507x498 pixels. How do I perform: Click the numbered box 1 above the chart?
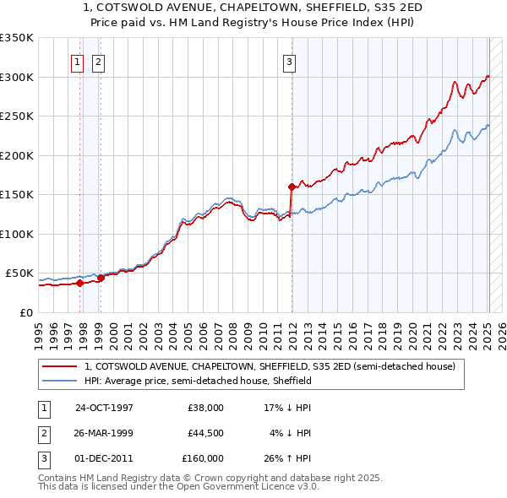click(x=77, y=61)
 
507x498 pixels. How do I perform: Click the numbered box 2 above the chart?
click(x=98, y=61)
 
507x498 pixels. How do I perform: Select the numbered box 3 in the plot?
click(x=289, y=61)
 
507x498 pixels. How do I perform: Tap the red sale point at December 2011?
click(x=292, y=187)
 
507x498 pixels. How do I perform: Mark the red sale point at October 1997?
click(x=80, y=283)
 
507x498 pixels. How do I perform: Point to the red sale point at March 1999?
click(x=101, y=278)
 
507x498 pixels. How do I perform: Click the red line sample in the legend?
click(x=59, y=366)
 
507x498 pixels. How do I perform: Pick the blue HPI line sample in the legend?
click(x=59, y=381)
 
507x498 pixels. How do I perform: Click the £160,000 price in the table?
click(x=203, y=457)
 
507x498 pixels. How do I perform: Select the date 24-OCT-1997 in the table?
click(x=104, y=407)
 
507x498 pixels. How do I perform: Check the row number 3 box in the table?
click(x=43, y=457)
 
